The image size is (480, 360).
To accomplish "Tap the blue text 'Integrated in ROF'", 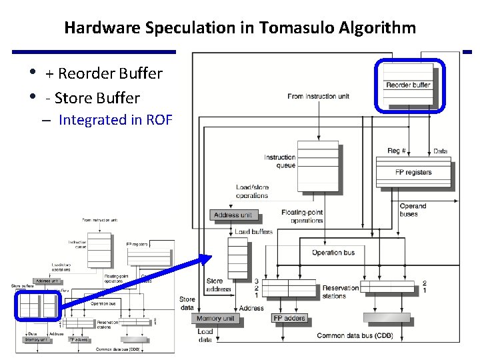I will (115, 120).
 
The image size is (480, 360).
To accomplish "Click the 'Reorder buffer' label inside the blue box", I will (408, 85).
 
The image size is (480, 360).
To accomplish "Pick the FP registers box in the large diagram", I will (413, 172).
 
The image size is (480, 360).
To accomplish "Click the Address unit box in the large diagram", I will (233, 215).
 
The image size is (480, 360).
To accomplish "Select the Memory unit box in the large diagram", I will (216, 319).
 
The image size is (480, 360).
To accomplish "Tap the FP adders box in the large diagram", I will (290, 319).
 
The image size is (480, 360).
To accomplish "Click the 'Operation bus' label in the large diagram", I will (333, 253).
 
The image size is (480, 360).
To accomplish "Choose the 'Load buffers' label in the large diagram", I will (253, 231).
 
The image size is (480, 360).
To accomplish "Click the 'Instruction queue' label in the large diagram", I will (280, 161).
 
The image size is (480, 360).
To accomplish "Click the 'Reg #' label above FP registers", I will (397, 151).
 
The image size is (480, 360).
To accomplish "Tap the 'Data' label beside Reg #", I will (440, 151).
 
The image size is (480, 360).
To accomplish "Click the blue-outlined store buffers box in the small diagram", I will (37, 305).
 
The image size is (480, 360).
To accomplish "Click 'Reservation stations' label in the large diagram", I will (341, 292).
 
